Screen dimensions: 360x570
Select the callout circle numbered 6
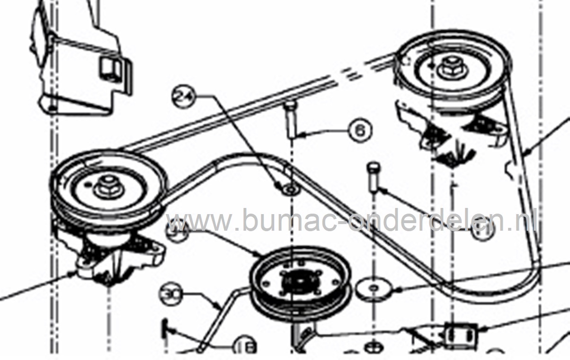(360, 130)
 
